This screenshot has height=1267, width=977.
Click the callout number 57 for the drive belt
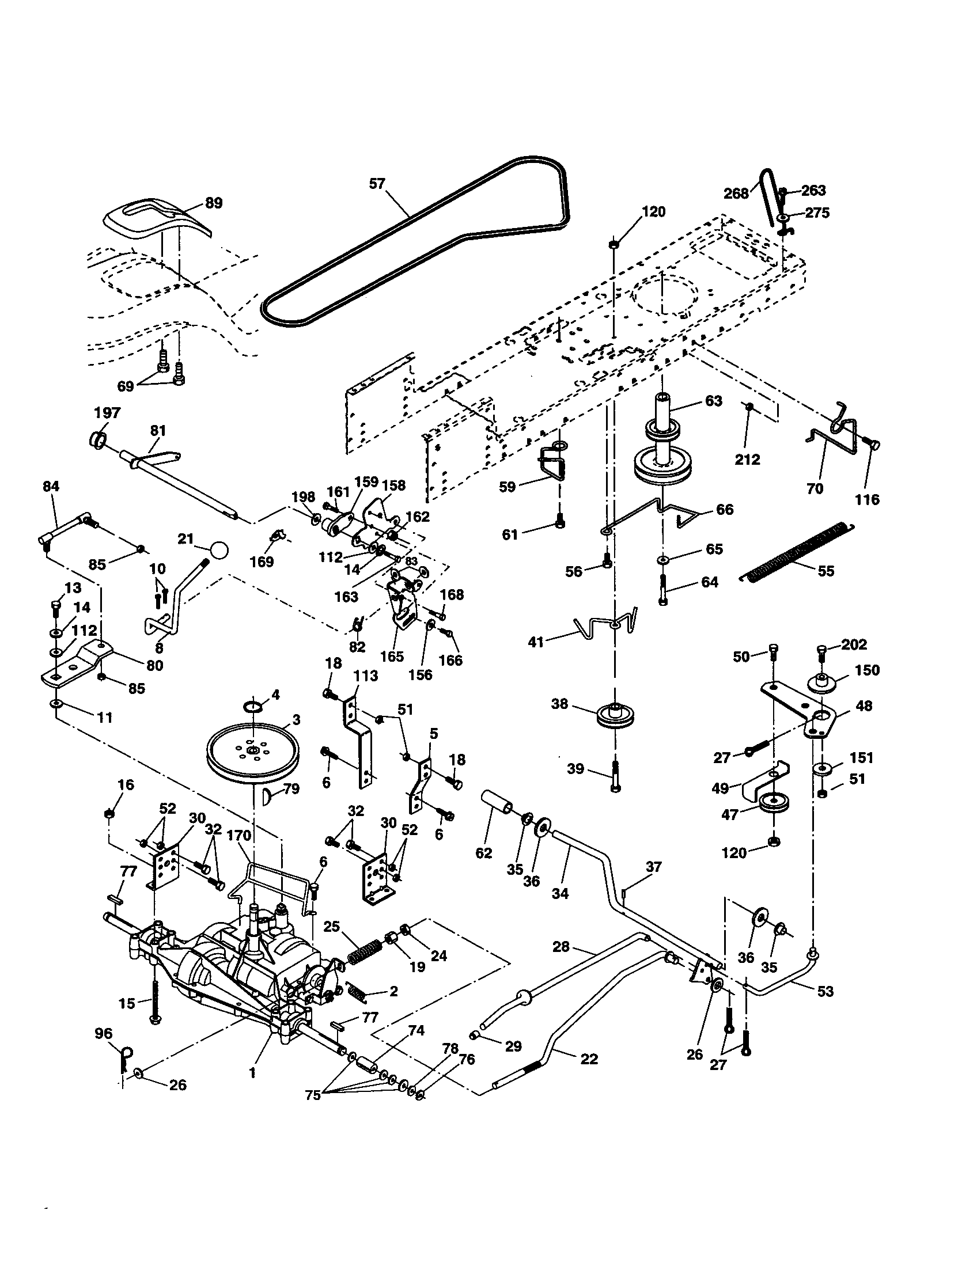click(377, 184)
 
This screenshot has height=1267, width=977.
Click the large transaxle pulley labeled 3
click(254, 753)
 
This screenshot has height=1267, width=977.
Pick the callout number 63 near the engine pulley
click(713, 401)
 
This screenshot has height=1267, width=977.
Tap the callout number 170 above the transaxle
click(239, 836)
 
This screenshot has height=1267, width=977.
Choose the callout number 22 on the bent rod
click(589, 1058)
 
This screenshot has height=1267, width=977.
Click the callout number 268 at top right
click(736, 192)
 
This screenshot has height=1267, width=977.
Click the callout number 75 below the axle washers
click(312, 1095)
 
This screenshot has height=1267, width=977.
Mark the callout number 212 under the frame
click(747, 460)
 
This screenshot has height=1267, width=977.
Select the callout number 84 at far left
click(51, 485)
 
